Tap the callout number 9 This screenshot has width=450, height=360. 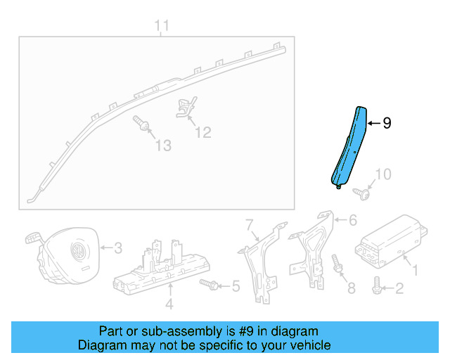(386, 123)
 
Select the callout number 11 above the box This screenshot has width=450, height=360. (162, 27)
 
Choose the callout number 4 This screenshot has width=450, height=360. (169, 304)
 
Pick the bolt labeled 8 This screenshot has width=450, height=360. (337, 267)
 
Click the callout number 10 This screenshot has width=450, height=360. (382, 174)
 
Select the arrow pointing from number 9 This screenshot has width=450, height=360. (373, 123)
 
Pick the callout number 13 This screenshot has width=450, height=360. (162, 146)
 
